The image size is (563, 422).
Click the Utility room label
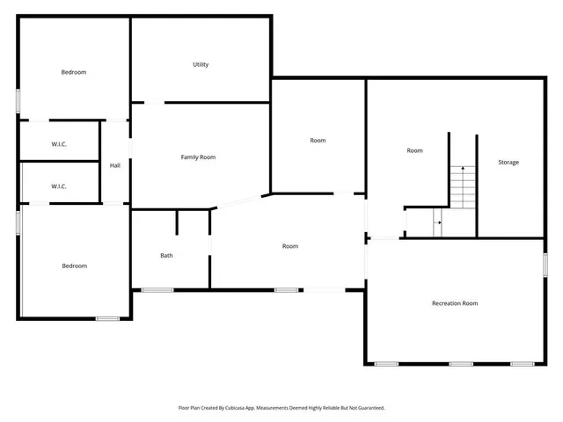tap(201, 64)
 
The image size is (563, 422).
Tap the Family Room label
tap(198, 157)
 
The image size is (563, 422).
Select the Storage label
tap(508, 162)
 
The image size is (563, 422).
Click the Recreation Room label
tap(455, 303)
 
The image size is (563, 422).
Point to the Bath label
tap(166, 256)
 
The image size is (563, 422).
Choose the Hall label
tap(114, 165)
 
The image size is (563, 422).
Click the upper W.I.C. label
tap(59, 143)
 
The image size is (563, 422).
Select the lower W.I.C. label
tap(59, 186)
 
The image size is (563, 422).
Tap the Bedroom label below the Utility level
tap(74, 266)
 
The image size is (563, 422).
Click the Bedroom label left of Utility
tap(74, 72)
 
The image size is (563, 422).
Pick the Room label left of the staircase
tap(414, 150)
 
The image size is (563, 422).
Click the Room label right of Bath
tap(289, 246)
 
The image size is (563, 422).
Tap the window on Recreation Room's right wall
tap(545, 264)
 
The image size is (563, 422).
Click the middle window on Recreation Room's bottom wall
tap(461, 363)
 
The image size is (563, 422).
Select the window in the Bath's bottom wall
tap(157, 289)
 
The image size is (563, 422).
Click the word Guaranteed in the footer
tap(369, 408)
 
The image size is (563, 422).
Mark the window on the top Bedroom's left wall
tap(18, 99)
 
